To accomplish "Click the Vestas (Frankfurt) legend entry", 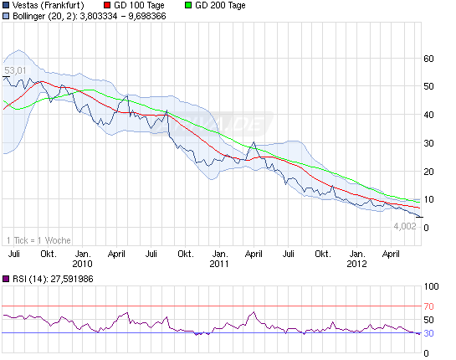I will [49, 5].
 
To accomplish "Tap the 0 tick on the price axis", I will [429, 228].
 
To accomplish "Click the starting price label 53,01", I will [15, 70].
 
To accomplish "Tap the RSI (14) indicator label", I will [49, 280].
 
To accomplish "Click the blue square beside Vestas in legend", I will [7, 5].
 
